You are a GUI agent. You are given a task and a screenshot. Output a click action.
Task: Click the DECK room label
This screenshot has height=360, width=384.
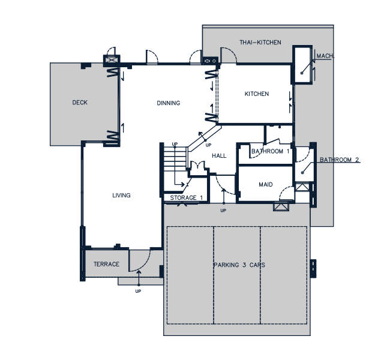tap(80, 103)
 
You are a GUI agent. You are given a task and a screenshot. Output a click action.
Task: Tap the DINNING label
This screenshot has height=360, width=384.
tap(169, 103)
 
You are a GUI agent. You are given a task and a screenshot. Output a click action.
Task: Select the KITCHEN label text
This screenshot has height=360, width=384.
tap(257, 94)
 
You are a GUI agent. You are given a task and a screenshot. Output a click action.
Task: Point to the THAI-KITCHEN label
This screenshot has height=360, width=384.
tap(260, 43)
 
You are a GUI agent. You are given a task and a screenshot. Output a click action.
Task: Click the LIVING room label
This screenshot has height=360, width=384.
tap(121, 196)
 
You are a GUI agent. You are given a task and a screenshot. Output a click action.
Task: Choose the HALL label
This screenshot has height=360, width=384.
tap(219, 156)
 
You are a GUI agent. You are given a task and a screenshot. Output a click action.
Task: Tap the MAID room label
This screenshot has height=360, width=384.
tap(266, 184)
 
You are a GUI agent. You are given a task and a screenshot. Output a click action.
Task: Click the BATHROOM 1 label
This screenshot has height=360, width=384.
tap(271, 151)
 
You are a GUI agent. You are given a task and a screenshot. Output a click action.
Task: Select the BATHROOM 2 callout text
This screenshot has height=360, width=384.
tap(340, 160)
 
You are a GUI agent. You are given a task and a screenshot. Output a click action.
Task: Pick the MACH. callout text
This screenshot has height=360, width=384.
tap(325, 56)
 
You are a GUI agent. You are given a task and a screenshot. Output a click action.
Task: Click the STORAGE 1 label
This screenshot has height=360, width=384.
tap(187, 197)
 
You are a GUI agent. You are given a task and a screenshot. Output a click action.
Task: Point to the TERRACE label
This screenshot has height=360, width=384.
tap(107, 264)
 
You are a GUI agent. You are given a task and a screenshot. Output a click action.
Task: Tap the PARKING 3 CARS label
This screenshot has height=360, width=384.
tap(239, 265)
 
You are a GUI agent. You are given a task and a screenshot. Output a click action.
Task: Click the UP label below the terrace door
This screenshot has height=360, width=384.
tap(138, 291)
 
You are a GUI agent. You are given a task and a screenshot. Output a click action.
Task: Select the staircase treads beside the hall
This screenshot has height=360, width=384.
tap(175, 157)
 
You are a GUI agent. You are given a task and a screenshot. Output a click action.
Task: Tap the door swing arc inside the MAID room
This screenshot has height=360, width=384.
tap(283, 190)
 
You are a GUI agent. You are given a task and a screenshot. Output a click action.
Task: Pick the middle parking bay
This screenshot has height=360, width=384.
tap(237, 275)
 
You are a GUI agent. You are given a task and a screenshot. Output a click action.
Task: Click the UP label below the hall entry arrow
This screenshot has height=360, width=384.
tap(223, 211)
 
